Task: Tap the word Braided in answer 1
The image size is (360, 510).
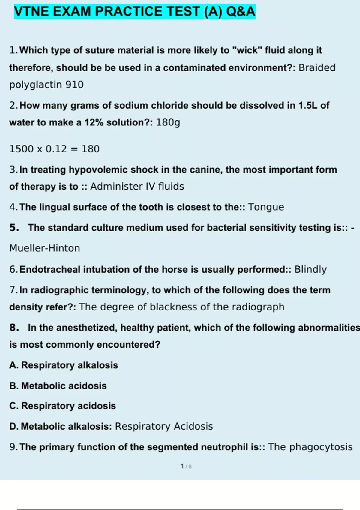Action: [317, 68]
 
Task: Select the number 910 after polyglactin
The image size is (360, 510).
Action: [74, 85]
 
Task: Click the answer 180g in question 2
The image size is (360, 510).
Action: [168, 122]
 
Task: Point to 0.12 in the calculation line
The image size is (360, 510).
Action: [56, 149]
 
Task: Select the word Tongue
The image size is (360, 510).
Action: [266, 207]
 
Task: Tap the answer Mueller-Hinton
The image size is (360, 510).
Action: [45, 248]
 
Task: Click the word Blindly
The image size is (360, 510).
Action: [310, 269]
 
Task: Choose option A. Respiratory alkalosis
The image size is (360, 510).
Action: [64, 365]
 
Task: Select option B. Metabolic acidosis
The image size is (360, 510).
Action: [58, 385]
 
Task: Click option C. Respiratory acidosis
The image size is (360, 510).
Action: [62, 406]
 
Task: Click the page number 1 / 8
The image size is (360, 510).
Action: [186, 466]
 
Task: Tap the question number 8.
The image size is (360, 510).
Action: [14, 328]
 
